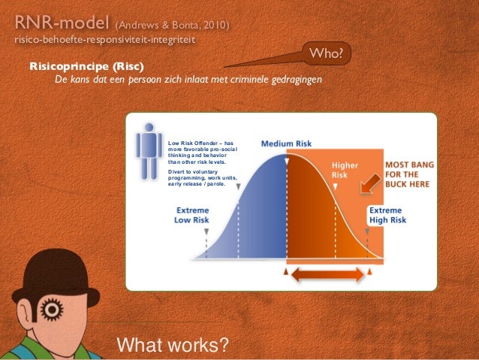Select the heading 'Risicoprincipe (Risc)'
86,66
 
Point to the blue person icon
149,147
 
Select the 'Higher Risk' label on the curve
345,170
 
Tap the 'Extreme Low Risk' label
192,215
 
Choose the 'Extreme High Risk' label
387,215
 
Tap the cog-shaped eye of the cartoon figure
52,308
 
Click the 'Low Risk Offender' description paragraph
201,152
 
